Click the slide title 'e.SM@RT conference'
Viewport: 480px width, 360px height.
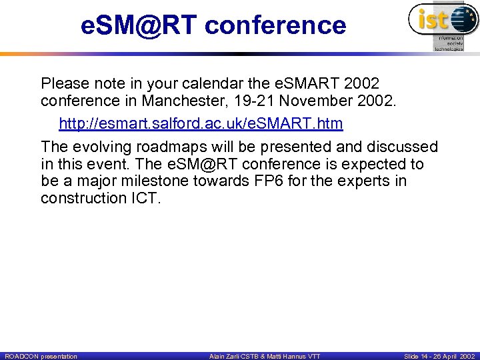[213, 25]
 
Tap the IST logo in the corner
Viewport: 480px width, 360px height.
[442, 25]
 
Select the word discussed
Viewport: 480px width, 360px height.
[402, 146]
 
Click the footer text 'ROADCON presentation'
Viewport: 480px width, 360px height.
[41, 357]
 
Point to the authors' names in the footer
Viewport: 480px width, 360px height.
[264, 357]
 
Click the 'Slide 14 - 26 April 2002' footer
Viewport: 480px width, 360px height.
[438, 357]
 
